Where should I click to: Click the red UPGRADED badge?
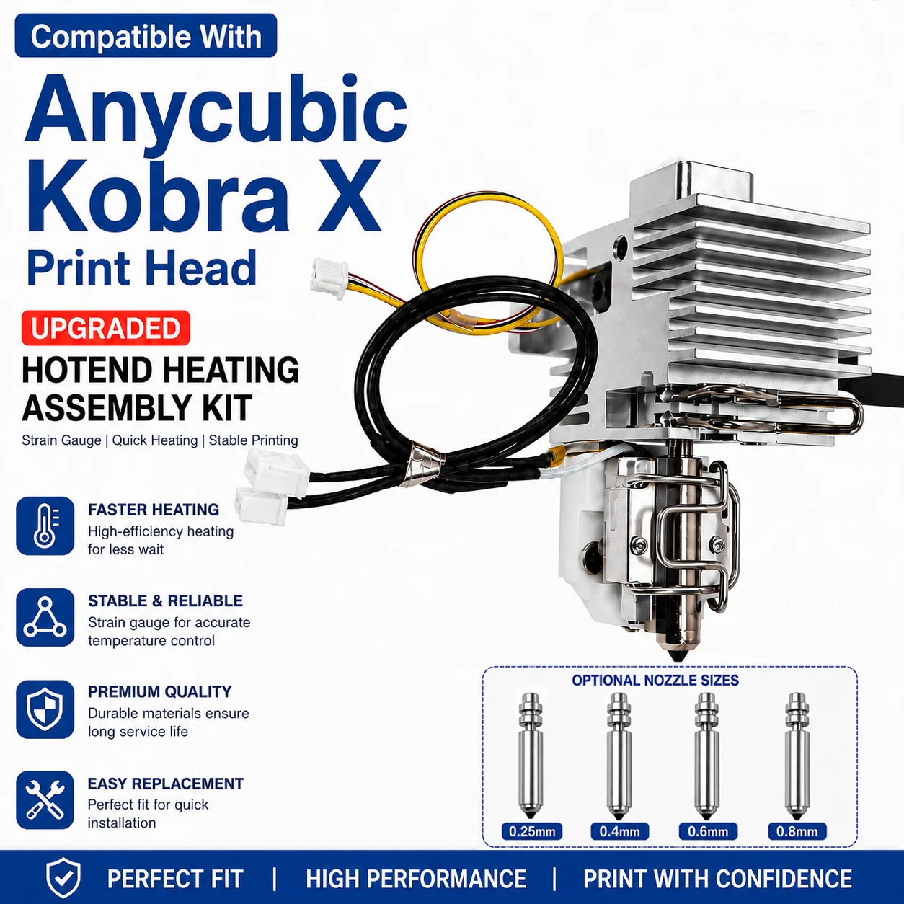click(x=105, y=328)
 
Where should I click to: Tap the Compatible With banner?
click(x=146, y=35)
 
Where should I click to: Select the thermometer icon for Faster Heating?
click(x=45, y=526)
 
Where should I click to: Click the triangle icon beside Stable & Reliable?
click(x=45, y=617)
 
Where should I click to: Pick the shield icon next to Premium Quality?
click(x=45, y=709)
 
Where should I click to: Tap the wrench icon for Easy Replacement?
click(x=45, y=800)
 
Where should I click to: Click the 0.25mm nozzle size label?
click(x=531, y=832)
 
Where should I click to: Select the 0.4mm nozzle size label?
click(x=620, y=832)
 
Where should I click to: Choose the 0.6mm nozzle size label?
click(x=708, y=832)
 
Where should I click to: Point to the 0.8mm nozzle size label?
click(x=797, y=832)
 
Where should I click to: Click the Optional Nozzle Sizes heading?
click(x=655, y=681)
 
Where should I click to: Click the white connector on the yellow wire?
click(x=329, y=278)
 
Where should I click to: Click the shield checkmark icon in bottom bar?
click(x=63, y=878)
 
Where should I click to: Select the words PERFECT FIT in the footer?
click(x=175, y=879)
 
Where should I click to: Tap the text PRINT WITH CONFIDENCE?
click(x=717, y=879)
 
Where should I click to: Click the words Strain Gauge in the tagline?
click(x=61, y=440)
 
